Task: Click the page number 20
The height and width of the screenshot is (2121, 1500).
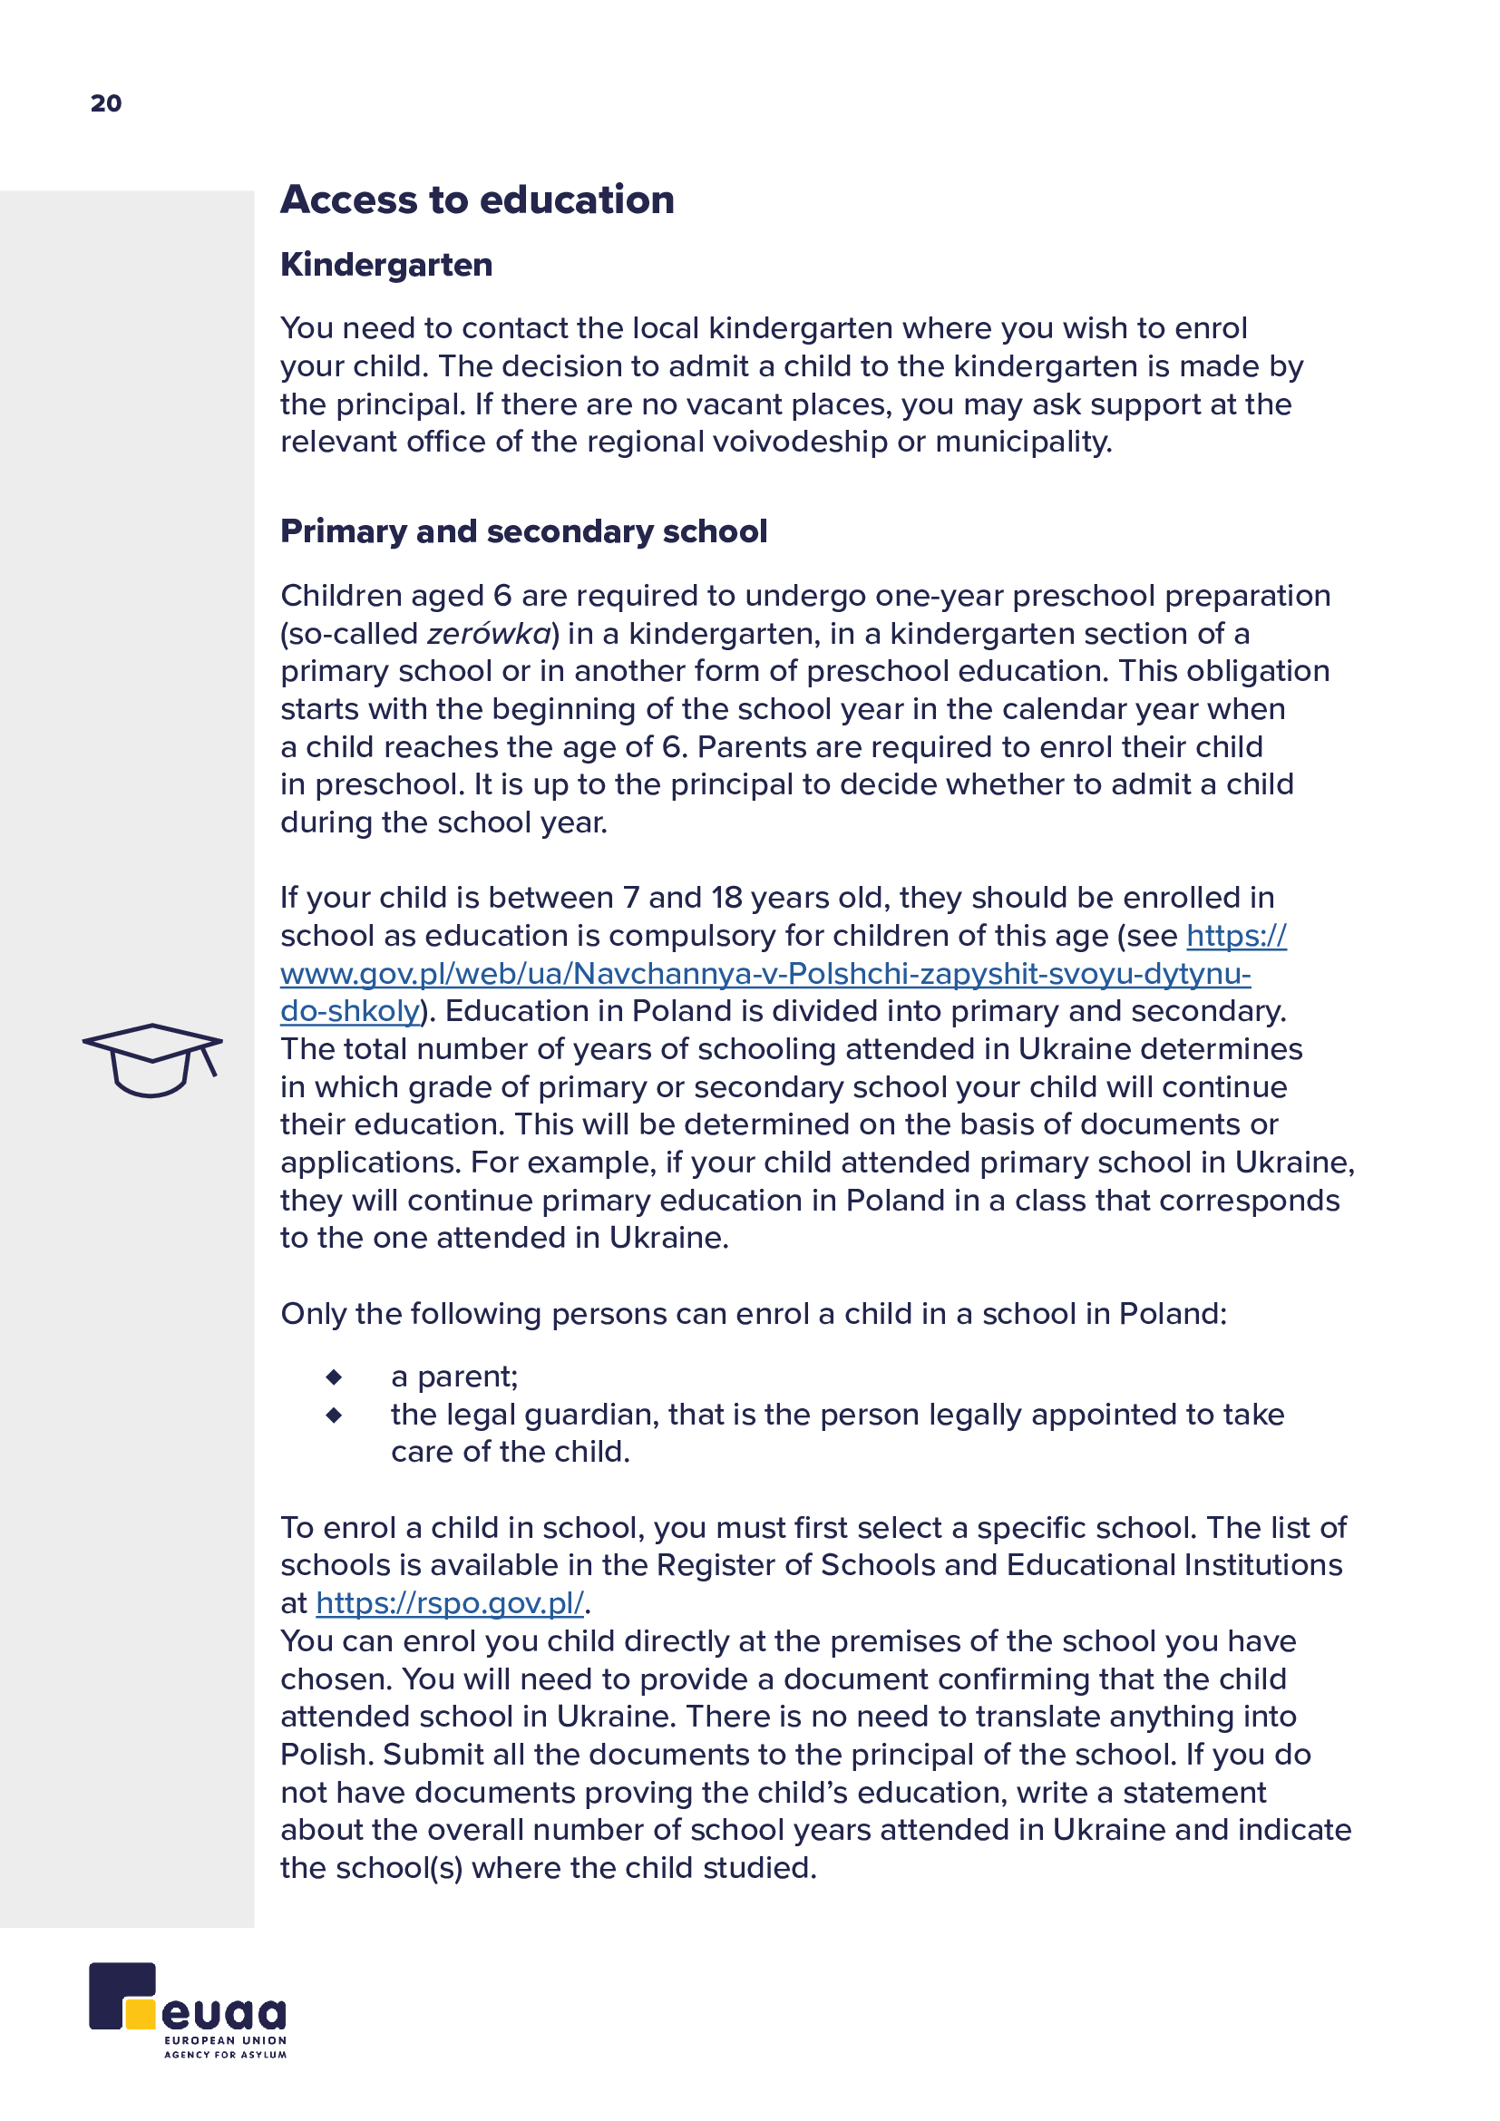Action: tap(106, 103)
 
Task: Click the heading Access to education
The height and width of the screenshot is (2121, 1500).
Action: tap(477, 200)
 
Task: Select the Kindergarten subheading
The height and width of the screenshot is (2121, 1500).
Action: tap(386, 265)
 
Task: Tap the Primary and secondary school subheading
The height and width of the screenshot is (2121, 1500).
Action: tap(523, 532)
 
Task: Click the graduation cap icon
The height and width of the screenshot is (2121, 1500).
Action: tap(152, 1059)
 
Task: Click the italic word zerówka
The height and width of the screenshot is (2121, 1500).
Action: tap(489, 634)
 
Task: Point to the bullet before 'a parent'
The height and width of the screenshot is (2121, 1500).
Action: tap(335, 1377)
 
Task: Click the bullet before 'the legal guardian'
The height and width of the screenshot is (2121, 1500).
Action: tap(335, 1416)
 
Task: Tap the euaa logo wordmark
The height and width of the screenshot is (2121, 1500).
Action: tap(223, 2013)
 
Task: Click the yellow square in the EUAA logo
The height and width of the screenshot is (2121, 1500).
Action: tap(141, 2014)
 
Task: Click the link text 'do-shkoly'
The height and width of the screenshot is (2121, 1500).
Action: tap(350, 1012)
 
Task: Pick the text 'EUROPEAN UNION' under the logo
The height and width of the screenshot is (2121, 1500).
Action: tap(226, 2039)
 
